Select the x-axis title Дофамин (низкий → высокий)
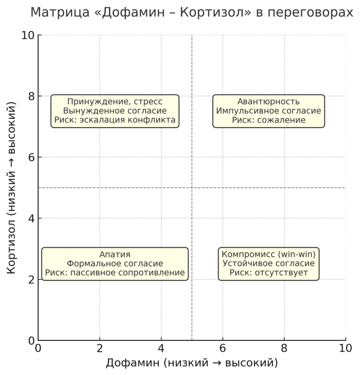pyautogui.click(x=192, y=362)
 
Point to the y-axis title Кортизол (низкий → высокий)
pyautogui.click(x=13, y=187)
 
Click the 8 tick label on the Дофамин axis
pyautogui.click(x=284, y=348)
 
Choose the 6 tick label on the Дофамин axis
pyautogui.click(x=222, y=348)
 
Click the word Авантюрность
pyautogui.click(x=269, y=102)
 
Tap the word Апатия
pyautogui.click(x=115, y=254)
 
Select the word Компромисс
pyautogui.click(x=245, y=254)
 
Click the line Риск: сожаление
pyautogui.click(x=269, y=120)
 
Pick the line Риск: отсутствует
pyautogui.click(x=269, y=273)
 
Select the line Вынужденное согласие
pyautogui.click(x=115, y=111)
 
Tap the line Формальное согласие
pyautogui.click(x=115, y=263)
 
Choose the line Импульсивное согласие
pyautogui.click(x=269, y=111)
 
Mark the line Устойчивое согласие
pyautogui.click(x=269, y=263)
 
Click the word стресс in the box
pyautogui.click(x=147, y=102)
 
